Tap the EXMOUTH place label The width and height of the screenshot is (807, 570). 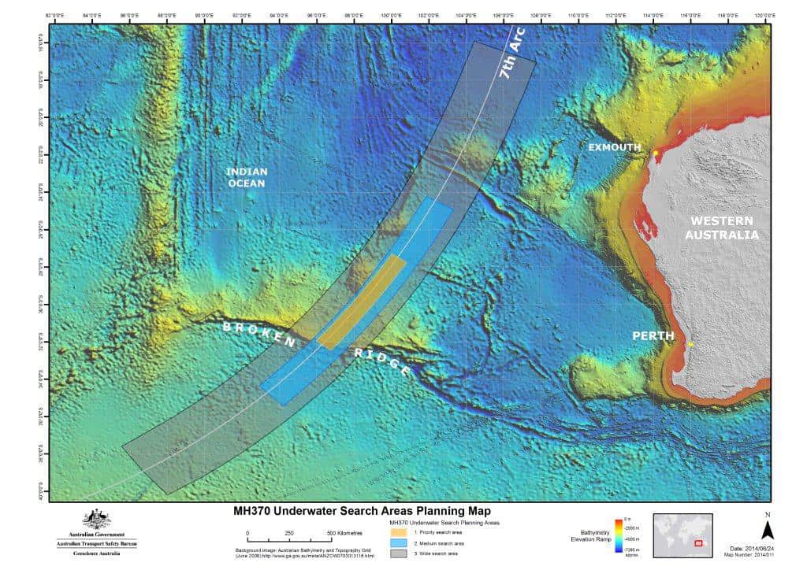coord(615,147)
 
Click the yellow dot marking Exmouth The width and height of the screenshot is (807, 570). coord(656,153)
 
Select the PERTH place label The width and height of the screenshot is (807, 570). coord(653,336)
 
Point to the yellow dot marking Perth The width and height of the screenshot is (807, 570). coord(690,344)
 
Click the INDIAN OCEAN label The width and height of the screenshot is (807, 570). coord(247,177)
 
